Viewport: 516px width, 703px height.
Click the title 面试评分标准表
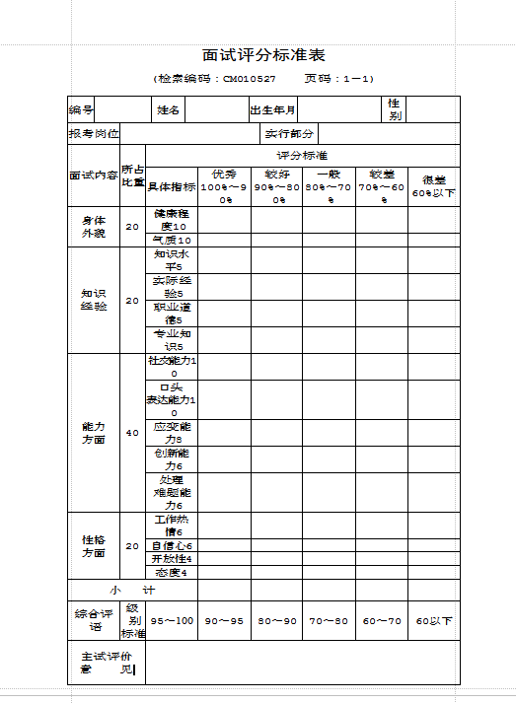[x=263, y=55]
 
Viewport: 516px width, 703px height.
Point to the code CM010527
[x=249, y=79]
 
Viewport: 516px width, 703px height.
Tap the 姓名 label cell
[x=168, y=109]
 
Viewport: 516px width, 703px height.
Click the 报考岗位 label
[x=94, y=133]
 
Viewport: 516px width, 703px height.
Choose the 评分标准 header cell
[x=302, y=156]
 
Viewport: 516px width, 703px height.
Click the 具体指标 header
[x=172, y=186]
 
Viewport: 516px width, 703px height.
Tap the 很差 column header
[x=434, y=186]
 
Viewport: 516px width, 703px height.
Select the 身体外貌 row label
[x=94, y=227]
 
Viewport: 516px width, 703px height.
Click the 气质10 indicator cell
[x=172, y=240]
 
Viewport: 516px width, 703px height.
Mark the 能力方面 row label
[x=94, y=433]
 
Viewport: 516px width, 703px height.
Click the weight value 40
[x=132, y=433]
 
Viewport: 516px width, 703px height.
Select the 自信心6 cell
[x=172, y=545]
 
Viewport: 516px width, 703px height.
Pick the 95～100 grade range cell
[x=172, y=621]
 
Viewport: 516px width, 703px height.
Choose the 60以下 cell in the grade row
[x=434, y=621]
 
